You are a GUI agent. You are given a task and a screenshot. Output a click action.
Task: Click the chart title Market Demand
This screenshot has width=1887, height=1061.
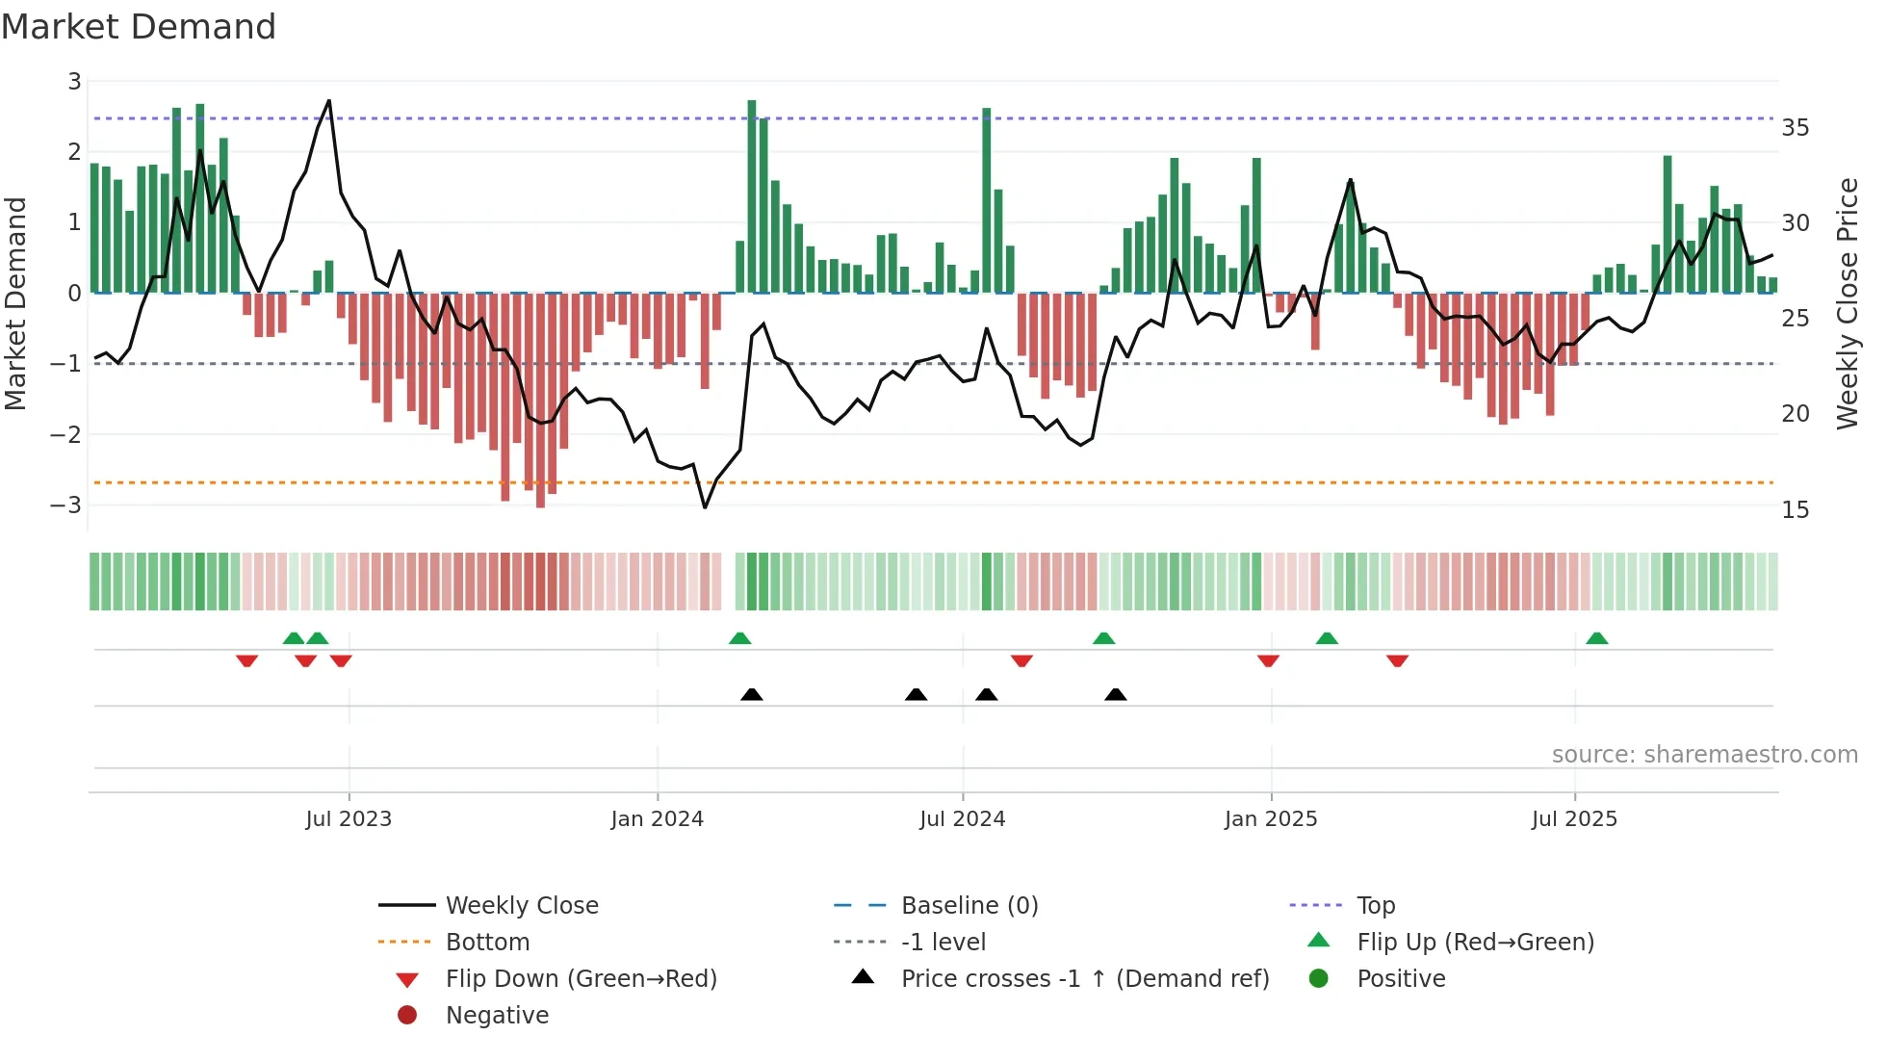pos(139,27)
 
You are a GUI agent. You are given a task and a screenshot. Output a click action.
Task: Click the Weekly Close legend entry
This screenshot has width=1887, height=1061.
pos(521,905)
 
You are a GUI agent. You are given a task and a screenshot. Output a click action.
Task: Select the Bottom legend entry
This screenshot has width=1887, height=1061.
pos(487,942)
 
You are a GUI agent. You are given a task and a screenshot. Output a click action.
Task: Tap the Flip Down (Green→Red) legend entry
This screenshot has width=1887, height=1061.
pos(581,978)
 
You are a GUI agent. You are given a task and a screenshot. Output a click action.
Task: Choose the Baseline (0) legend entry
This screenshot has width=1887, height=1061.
pos(969,905)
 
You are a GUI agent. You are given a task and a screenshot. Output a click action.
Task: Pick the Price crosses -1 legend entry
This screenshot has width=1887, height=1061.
pos(1084,978)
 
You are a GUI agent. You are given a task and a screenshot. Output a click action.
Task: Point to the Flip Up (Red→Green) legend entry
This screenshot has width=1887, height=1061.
pos(1475,942)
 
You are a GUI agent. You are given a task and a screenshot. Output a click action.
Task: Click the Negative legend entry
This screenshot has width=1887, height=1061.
pos(497,1015)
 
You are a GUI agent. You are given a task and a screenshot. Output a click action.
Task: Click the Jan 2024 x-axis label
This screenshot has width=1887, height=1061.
pos(657,818)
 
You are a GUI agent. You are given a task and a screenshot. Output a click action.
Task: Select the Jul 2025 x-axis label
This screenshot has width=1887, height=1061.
pos(1574,818)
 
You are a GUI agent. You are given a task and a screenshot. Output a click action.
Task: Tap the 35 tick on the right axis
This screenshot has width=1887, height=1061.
pos(1795,128)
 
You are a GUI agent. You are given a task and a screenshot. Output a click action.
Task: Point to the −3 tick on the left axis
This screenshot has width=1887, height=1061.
pos(65,505)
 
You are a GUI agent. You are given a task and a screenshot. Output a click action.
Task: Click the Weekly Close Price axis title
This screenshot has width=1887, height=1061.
pos(1847,303)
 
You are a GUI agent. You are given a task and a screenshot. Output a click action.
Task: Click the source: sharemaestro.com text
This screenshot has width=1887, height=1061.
pos(1704,754)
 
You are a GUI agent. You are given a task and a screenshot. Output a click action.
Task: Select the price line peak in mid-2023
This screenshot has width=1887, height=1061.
pos(329,101)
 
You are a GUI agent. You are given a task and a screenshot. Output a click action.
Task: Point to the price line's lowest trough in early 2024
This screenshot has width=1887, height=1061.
pos(705,506)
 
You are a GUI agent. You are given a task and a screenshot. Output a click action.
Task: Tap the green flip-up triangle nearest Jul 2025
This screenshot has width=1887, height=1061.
pos(1596,638)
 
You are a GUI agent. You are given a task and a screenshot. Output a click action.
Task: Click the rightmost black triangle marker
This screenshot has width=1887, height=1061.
pos(1115,695)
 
